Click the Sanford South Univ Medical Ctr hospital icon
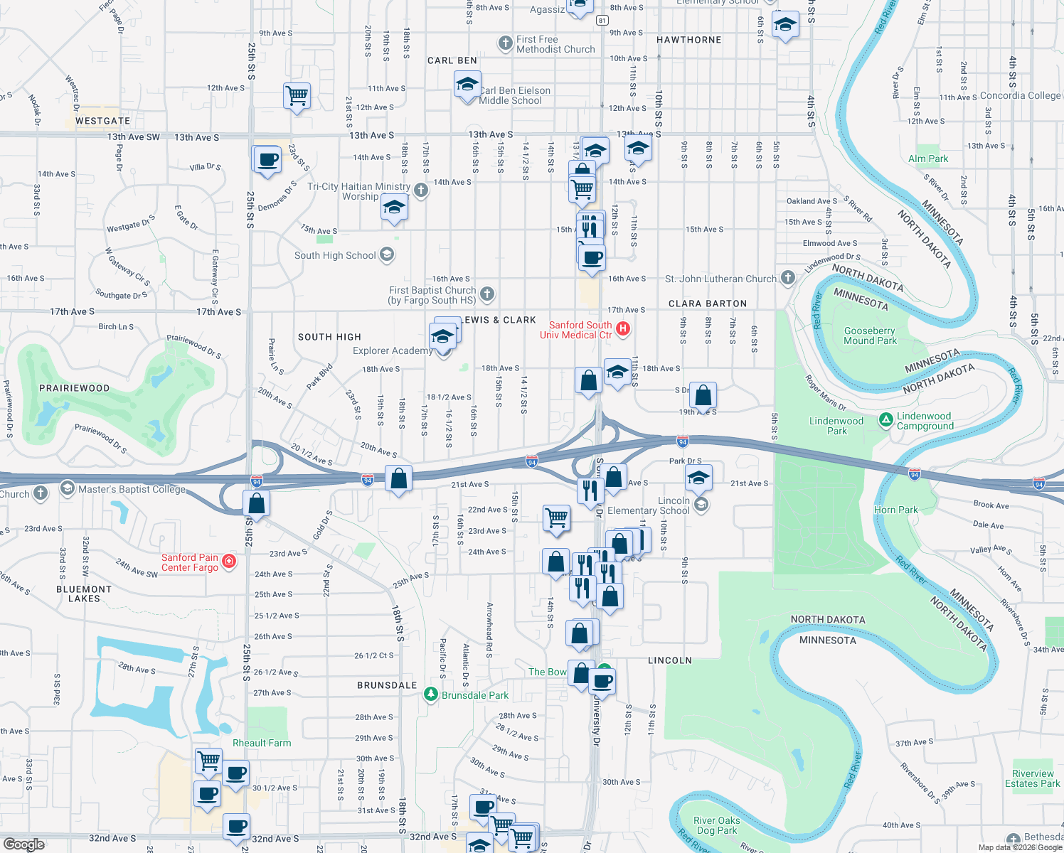623,328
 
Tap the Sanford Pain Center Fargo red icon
229,562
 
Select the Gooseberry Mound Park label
870,336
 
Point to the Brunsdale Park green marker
430,694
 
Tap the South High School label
335,255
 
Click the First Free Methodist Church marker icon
505,43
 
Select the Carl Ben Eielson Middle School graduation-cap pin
467,86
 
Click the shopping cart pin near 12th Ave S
297,95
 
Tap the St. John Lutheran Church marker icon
787,277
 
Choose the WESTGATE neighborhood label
103,121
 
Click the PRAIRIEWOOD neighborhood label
75,388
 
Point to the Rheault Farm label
262,743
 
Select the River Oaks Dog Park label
717,825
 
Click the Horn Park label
896,510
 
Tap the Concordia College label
1020,95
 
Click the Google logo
23,844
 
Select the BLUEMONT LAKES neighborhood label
84,594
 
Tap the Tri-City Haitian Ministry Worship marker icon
421,190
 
